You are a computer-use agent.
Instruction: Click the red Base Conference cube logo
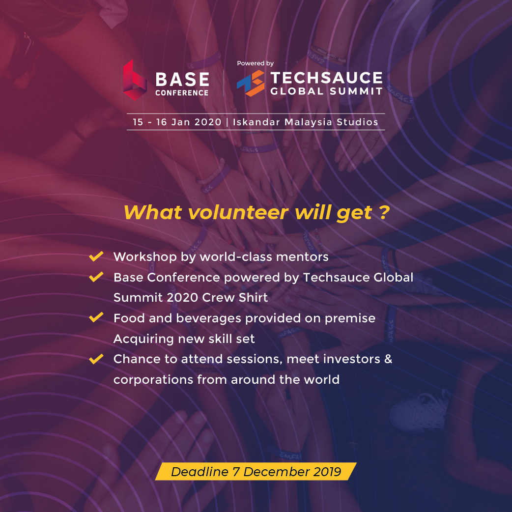(135, 80)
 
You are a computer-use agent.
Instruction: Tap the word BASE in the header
(182, 79)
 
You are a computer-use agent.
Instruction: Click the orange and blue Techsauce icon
(251, 83)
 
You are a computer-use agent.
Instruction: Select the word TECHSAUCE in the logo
(326, 78)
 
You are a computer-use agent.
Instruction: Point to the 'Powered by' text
(255, 63)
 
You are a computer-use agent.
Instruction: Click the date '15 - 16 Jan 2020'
(177, 122)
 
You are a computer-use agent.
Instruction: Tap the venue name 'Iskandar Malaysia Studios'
(305, 122)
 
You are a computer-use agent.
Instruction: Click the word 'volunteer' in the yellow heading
(238, 213)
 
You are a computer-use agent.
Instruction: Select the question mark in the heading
(385, 212)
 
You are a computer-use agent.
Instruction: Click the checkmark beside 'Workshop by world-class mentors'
(96, 256)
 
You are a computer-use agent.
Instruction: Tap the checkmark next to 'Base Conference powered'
(96, 277)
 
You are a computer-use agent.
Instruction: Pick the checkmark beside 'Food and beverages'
(96, 317)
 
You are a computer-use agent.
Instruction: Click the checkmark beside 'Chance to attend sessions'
(96, 359)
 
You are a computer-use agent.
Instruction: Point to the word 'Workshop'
(145, 257)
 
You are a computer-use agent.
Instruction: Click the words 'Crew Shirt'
(235, 297)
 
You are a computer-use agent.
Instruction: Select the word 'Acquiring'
(143, 339)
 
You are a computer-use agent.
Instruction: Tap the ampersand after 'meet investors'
(388, 359)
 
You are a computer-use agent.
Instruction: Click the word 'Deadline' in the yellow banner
(199, 472)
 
